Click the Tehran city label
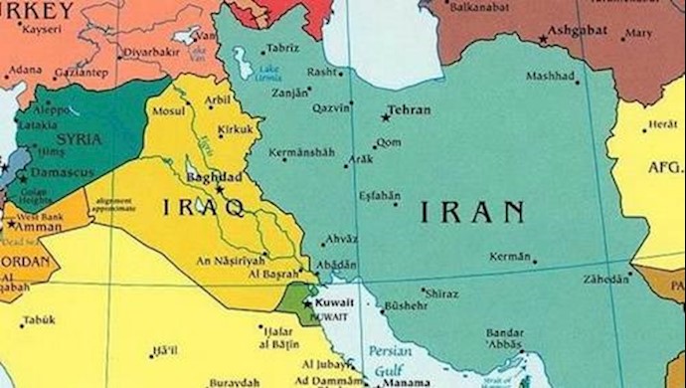(411, 110)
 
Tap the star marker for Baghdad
(221, 189)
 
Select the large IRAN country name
(471, 211)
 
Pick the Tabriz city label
(281, 48)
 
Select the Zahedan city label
(606, 278)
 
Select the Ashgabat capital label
(578, 33)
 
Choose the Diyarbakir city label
(150, 51)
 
